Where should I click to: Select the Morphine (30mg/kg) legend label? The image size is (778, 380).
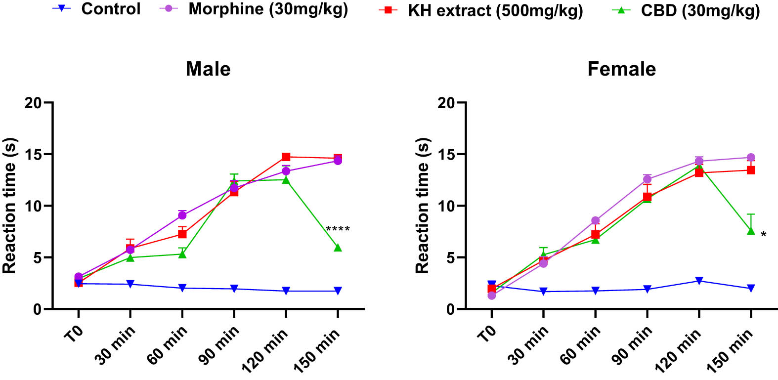(268, 9)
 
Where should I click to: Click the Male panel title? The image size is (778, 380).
(208, 69)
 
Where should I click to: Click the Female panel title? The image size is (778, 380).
(621, 69)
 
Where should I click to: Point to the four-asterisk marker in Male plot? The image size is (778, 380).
(338, 229)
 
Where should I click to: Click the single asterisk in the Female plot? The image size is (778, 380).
(764, 235)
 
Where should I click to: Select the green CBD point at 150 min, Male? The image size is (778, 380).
(338, 248)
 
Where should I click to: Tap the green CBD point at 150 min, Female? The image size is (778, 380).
(751, 231)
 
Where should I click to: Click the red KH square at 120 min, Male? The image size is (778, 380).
(286, 157)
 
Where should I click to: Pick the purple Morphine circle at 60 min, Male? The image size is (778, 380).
(182, 215)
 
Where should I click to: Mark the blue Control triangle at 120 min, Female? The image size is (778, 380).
(699, 281)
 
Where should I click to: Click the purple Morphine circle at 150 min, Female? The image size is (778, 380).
(751, 158)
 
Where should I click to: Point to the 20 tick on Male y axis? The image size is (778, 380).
(33, 103)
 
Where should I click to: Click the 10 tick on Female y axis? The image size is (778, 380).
(446, 206)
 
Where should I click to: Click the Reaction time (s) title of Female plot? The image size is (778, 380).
(422, 206)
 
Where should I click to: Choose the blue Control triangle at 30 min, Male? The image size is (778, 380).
(130, 284)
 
